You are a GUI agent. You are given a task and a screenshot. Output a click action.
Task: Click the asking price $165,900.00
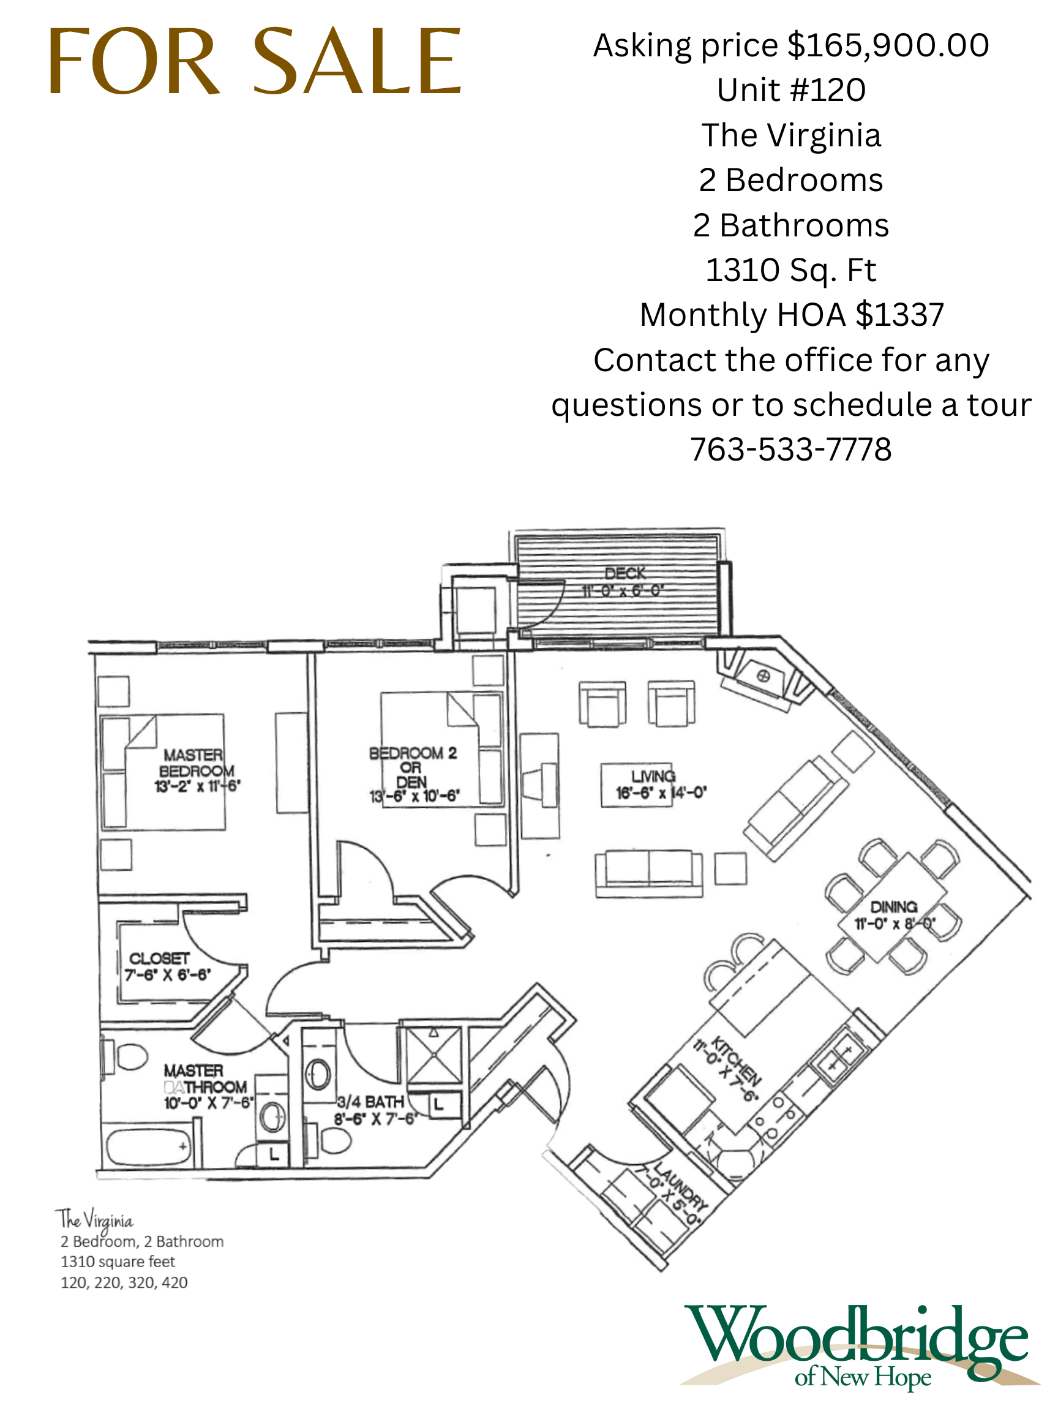coord(791,46)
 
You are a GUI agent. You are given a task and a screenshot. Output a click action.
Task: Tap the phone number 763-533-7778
coord(791,449)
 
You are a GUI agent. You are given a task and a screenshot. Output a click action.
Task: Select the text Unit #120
coord(791,90)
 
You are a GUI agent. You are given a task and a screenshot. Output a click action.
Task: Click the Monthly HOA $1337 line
coord(792,315)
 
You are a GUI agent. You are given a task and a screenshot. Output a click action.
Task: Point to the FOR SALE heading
coord(255,62)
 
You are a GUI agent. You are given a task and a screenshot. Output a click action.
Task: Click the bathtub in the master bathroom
coord(148,1146)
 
